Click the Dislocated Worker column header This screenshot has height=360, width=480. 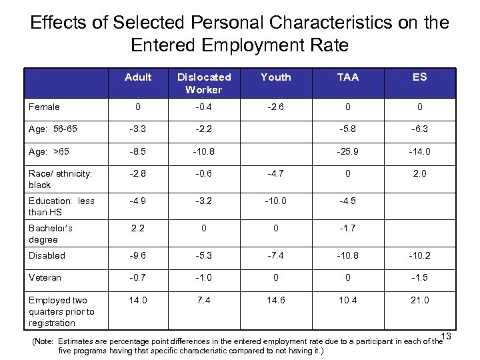coord(203,83)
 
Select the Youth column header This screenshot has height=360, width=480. coord(275,77)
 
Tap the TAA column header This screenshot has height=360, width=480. coord(347,77)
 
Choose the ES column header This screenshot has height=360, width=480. coord(419,77)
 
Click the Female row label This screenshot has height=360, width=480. coord(44,107)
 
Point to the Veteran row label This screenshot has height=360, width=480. coord(45,277)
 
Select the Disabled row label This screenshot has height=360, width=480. coord(47,255)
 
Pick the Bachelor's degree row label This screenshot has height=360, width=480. coord(51,233)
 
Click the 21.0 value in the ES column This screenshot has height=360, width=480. coord(419,301)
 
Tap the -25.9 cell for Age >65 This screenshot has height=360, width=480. coord(347,151)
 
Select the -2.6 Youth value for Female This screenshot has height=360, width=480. coord(275,107)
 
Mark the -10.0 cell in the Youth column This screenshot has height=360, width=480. coord(275,201)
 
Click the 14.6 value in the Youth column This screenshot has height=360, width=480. coord(275,301)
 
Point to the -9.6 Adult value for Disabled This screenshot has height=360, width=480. coord(137,255)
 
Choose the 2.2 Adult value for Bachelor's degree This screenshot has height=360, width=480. coord(137,228)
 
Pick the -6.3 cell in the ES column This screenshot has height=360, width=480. coord(419,129)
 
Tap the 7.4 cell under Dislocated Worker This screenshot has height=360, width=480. coord(203,301)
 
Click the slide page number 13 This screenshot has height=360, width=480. coord(446,335)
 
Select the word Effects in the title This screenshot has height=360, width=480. coord(60,23)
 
